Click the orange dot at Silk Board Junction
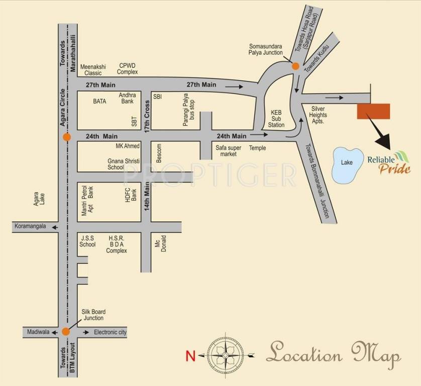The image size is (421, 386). tap(65, 332)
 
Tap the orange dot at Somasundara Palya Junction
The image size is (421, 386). tap(296, 66)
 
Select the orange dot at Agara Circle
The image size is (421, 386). tap(66, 137)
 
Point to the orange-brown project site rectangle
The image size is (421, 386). tap(373, 111)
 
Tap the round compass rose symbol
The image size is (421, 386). tap(226, 355)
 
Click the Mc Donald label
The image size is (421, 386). tap(160, 244)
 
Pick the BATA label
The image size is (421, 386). tap(99, 101)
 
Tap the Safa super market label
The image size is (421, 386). tap(229, 151)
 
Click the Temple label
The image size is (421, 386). tap(257, 148)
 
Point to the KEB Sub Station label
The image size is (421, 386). tap(276, 119)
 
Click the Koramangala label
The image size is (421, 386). tap(30, 226)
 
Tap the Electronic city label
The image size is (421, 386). tap(111, 332)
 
